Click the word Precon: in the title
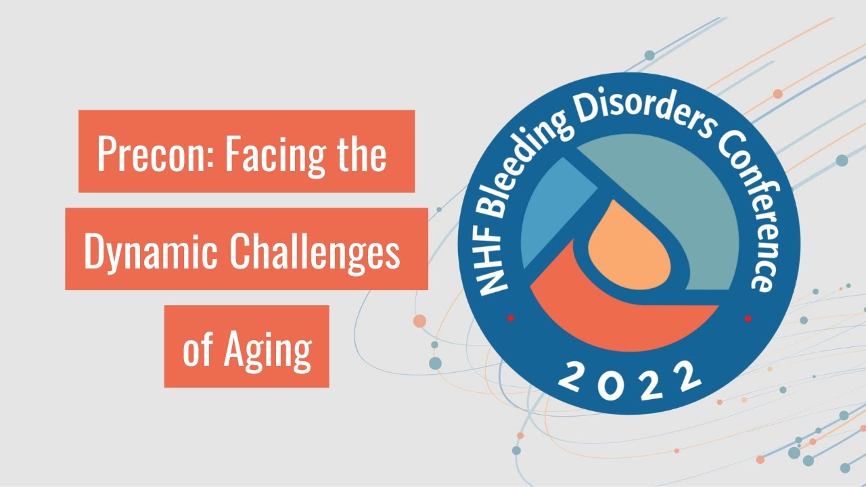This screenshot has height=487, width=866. click(156, 154)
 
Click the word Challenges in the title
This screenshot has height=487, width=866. click(315, 253)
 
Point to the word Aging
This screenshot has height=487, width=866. click(268, 351)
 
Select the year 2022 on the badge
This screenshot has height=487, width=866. click(629, 381)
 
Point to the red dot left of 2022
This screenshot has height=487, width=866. click(511, 318)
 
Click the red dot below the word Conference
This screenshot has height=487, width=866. click(748, 319)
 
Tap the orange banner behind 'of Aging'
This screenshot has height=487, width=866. click(247, 346)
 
